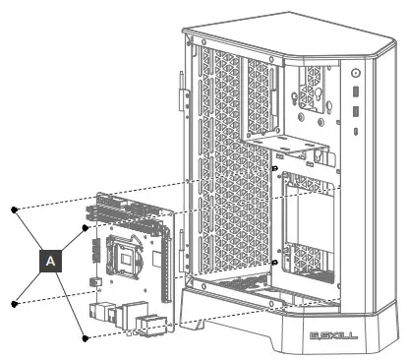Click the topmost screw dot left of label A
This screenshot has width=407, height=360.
pos(14,210)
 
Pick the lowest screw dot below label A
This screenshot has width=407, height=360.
pos(86,338)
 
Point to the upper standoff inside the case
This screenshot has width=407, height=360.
pos(275,168)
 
